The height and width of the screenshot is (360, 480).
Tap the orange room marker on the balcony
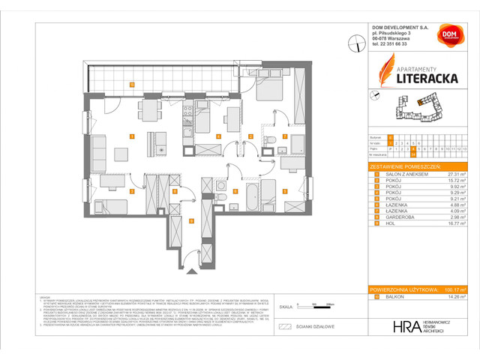click(x=131, y=85)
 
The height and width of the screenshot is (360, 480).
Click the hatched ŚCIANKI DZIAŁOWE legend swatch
click(x=283, y=327)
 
